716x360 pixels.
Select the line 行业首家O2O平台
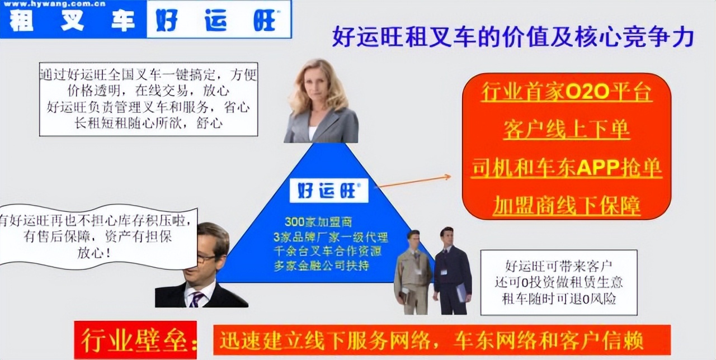(566, 93)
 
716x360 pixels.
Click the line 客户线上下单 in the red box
(566, 130)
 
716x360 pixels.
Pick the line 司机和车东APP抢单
(566, 168)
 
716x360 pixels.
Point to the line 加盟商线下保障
(566, 206)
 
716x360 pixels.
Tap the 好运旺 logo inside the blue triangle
(329, 190)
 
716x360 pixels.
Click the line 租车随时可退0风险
(559, 299)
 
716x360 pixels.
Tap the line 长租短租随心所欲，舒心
(149, 122)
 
